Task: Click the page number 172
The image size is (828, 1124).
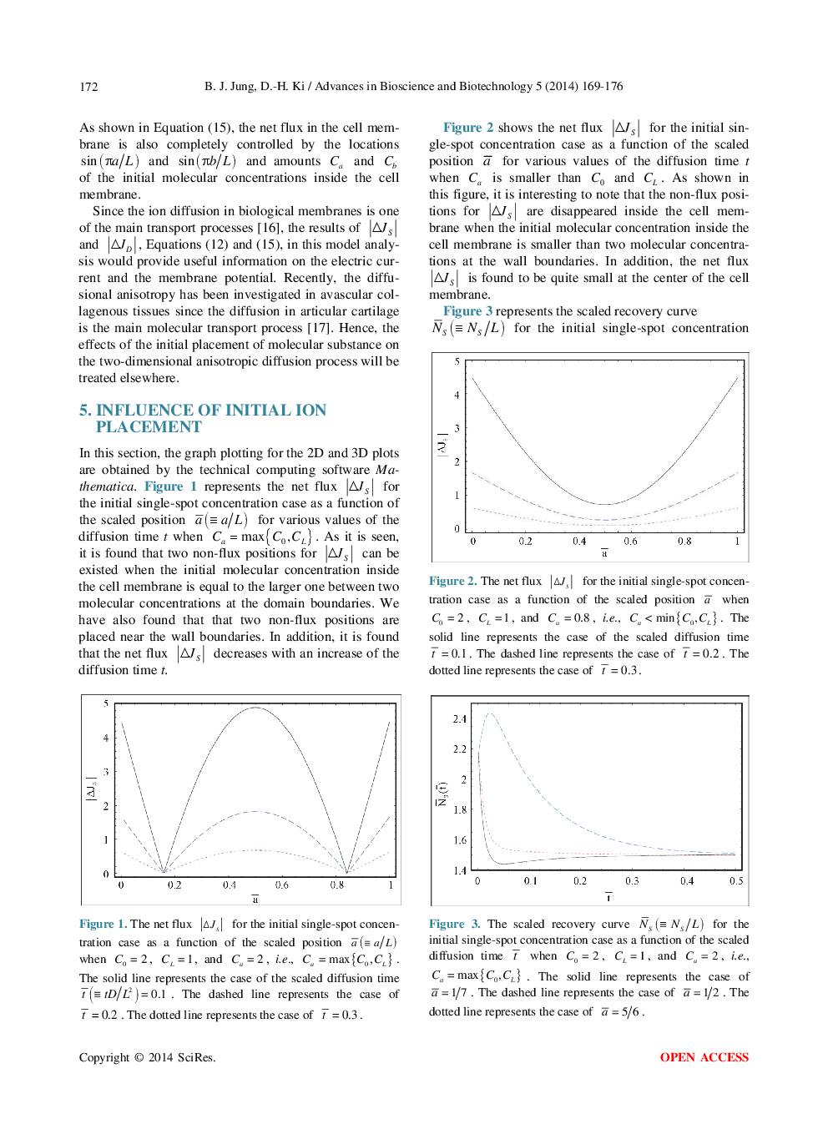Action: pyautogui.click(x=88, y=87)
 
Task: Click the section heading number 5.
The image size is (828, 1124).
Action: pyautogui.click(x=84, y=411)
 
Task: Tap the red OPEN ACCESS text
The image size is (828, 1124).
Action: pyautogui.click(x=704, y=1057)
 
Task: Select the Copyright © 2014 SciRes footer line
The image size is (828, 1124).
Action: pyautogui.click(x=147, y=1057)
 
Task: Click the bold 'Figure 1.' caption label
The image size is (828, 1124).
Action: pyautogui.click(x=103, y=924)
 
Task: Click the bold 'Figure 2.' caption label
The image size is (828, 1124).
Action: pyautogui.click(x=452, y=581)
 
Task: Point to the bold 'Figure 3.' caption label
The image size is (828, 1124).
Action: pyautogui.click(x=454, y=924)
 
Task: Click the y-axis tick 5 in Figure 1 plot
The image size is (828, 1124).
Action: pyautogui.click(x=106, y=703)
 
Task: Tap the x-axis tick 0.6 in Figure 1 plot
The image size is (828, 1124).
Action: pyautogui.click(x=282, y=885)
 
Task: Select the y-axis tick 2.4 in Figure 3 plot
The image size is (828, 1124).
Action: pyautogui.click(x=459, y=718)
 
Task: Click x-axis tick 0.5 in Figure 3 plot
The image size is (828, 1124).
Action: pyautogui.click(x=735, y=880)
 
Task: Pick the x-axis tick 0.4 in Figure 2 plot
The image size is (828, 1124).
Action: pyautogui.click(x=579, y=541)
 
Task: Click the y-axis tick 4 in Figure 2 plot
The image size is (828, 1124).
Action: pyautogui.click(x=457, y=395)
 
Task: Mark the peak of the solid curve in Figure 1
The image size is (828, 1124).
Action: pyautogui.click(x=255, y=708)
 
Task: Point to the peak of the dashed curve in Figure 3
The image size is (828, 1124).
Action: pyautogui.click(x=490, y=713)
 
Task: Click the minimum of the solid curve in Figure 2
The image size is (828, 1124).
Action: pyautogui.click(x=604, y=504)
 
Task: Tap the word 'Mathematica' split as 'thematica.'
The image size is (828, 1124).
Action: pyautogui.click(x=107, y=486)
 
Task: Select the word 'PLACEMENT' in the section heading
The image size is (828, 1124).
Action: pyautogui.click(x=149, y=427)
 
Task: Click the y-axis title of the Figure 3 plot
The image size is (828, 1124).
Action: pyautogui.click(x=442, y=794)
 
